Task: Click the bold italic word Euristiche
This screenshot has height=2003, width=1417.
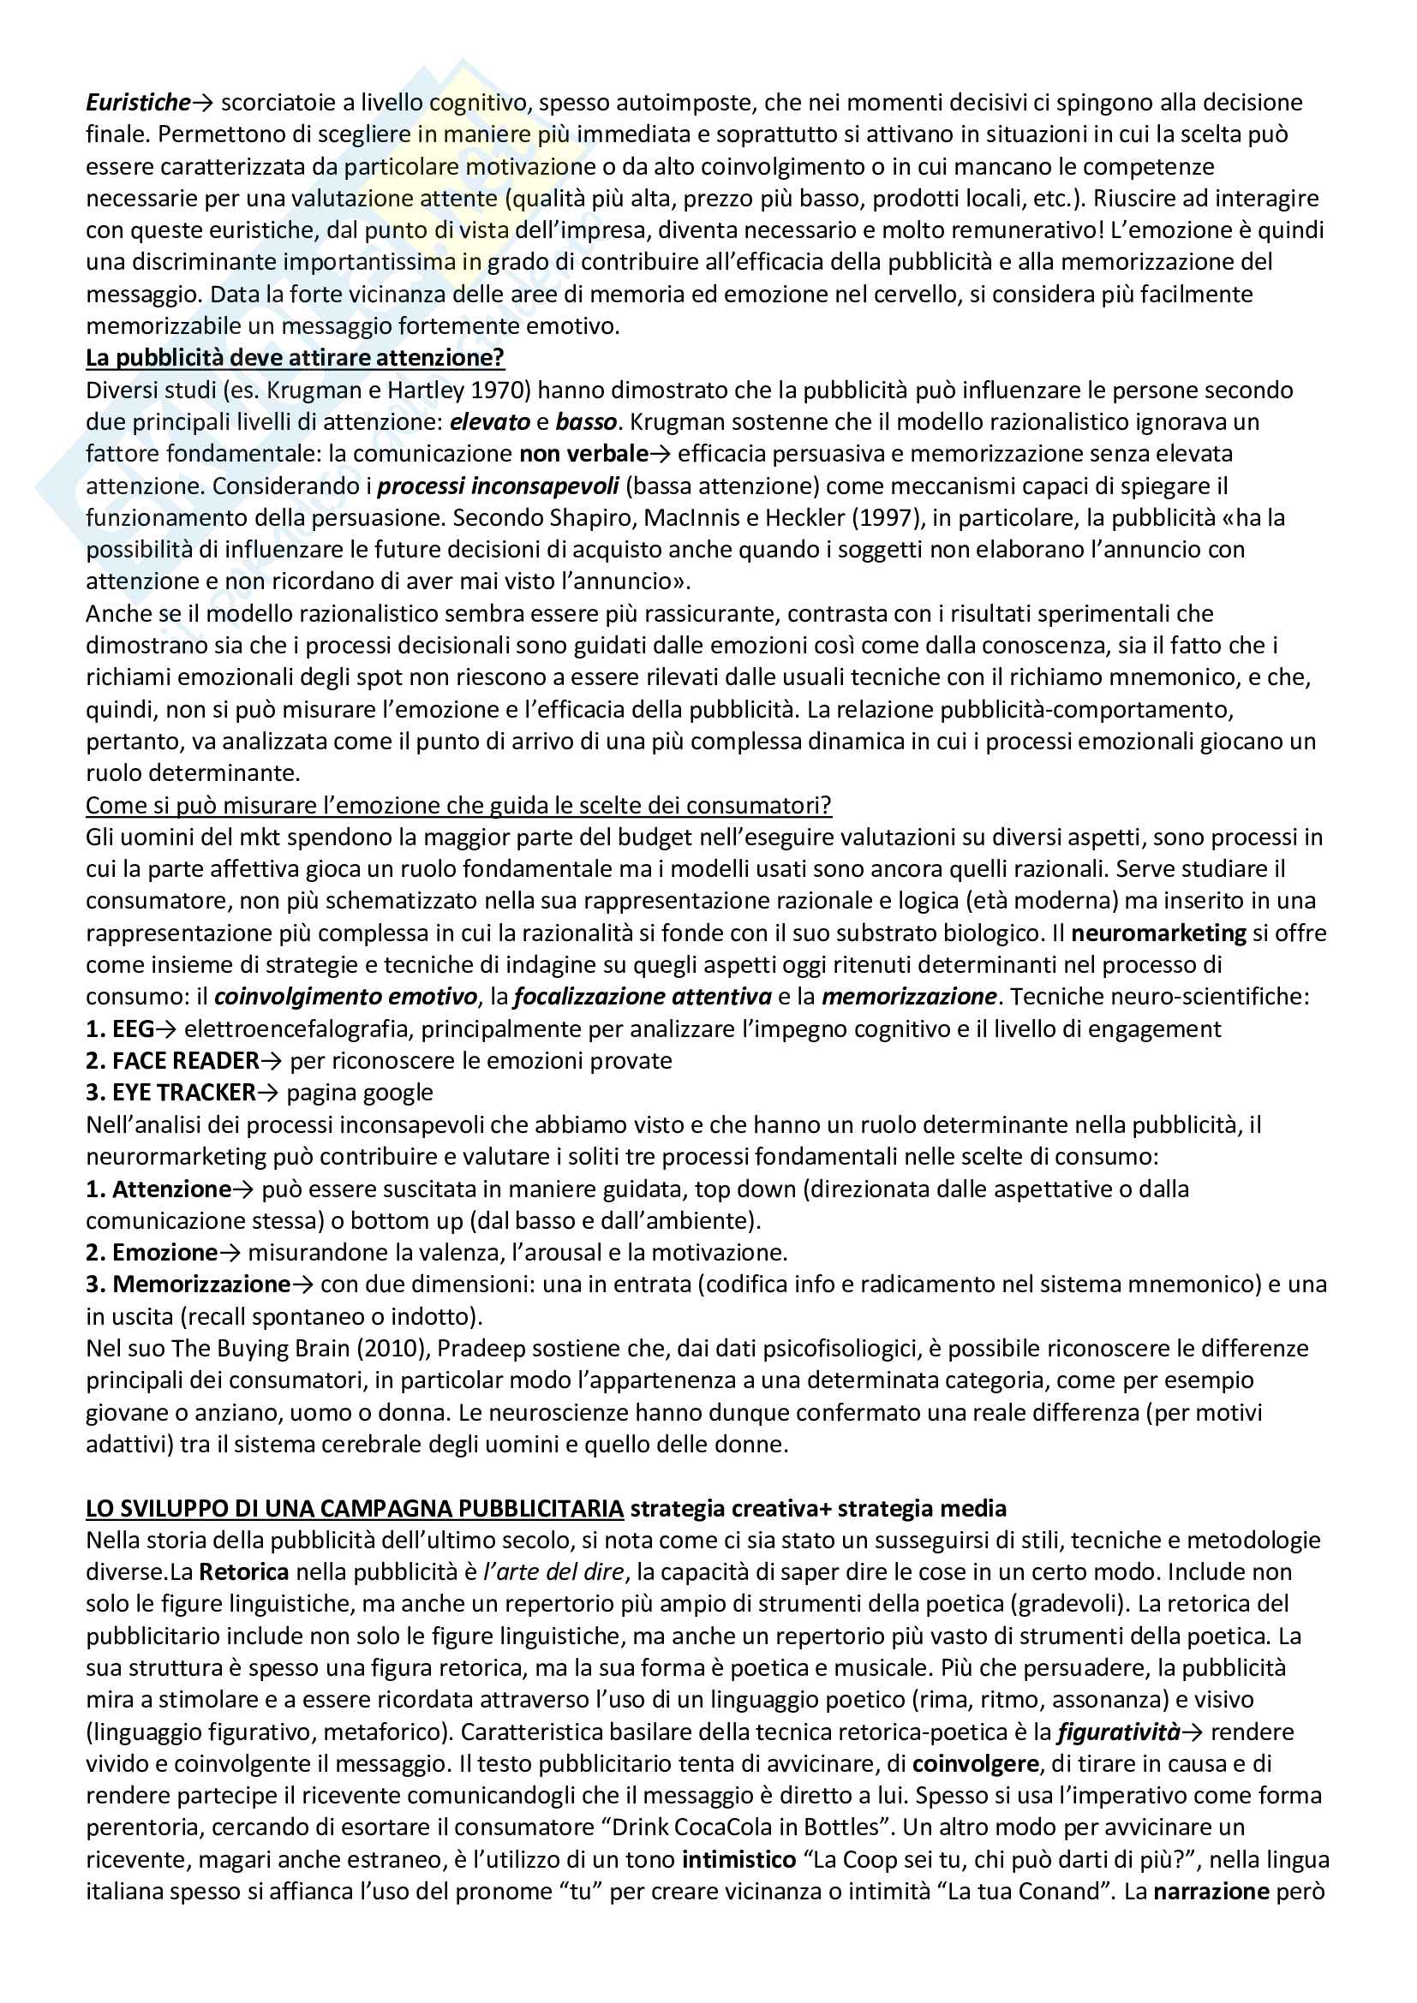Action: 138,103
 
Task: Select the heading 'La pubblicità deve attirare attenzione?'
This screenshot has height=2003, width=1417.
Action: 295,359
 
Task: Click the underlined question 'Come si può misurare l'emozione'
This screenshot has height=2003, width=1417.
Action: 458,805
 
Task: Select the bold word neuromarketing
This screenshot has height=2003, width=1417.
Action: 1158,933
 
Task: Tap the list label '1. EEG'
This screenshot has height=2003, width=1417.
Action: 120,1029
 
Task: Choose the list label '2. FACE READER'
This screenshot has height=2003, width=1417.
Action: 173,1061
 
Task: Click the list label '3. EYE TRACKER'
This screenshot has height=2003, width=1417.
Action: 170,1093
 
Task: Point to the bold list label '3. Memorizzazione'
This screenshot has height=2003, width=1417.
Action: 188,1285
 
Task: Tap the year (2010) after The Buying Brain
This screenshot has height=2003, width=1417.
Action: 390,1349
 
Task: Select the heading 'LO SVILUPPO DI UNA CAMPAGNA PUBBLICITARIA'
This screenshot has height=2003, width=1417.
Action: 355,1508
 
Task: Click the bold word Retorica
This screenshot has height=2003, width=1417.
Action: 243,1572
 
